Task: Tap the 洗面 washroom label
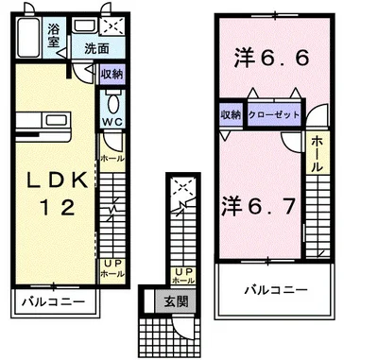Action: [95, 47]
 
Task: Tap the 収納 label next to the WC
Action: [111, 74]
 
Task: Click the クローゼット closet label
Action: [274, 114]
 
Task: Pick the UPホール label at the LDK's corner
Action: [112, 266]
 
